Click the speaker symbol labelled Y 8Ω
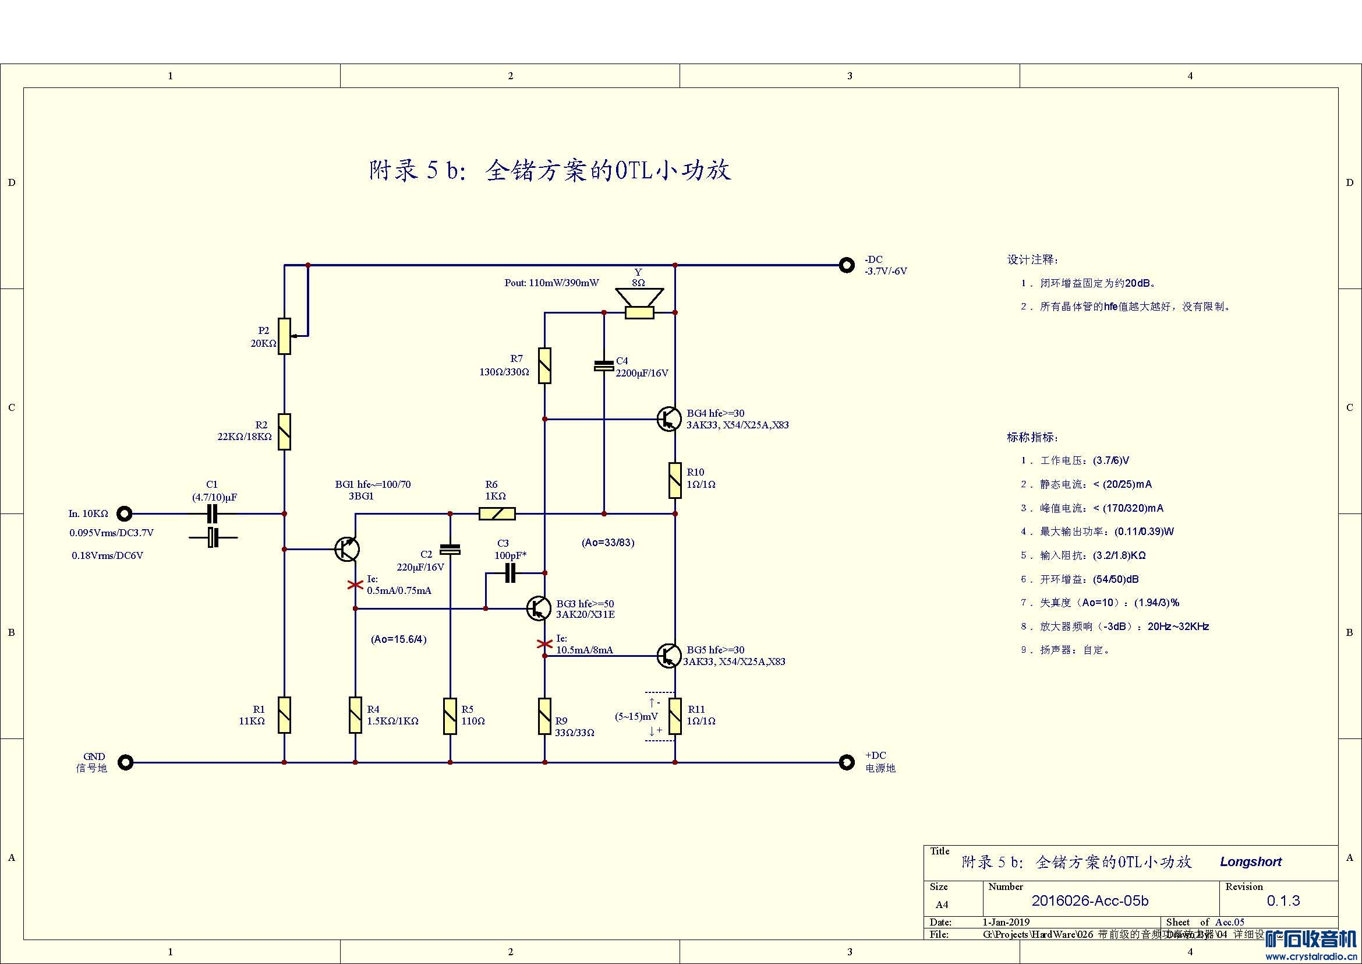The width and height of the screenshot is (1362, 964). pos(639,303)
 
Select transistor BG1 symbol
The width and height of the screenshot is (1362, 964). pos(347,549)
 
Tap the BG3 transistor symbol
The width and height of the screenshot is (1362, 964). pos(538,608)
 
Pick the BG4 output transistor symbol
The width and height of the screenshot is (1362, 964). pos(668,418)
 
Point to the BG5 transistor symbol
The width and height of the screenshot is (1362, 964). pos(668,655)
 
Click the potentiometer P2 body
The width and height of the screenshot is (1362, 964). pos(285,336)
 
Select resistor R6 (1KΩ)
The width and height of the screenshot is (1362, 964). pos(497,513)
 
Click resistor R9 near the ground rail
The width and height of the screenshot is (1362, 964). pos(544,716)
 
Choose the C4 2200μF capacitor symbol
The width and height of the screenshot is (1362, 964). pos(604,365)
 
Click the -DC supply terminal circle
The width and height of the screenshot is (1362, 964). pos(847,265)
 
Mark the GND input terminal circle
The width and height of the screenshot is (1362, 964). pos(125,762)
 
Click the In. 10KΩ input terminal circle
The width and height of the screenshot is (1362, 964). pos(124,513)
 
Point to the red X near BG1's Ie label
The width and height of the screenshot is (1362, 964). pos(355,585)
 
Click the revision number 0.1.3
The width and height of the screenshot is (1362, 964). pos(1283,900)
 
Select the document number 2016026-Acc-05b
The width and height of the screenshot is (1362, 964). pos(1089,900)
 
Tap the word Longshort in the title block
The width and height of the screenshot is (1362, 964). pos(1250,861)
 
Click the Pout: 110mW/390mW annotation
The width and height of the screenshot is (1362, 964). pos(551,283)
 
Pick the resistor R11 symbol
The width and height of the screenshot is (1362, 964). pos(675,716)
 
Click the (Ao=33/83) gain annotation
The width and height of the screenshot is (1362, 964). pos(608,543)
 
